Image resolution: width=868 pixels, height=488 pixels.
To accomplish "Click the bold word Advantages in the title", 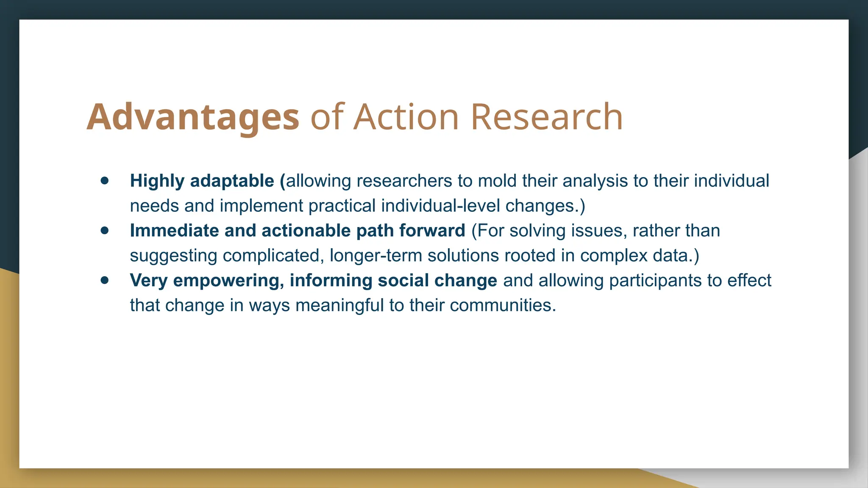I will tap(193, 117).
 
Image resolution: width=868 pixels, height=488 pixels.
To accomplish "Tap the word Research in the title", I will tap(547, 117).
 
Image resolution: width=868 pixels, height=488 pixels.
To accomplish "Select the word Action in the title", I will tap(406, 117).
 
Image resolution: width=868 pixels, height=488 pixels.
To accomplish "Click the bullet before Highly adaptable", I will tap(105, 181).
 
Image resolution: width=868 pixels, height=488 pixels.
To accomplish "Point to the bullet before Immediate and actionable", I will tap(105, 231).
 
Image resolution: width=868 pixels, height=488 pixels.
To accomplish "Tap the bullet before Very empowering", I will tap(105, 280).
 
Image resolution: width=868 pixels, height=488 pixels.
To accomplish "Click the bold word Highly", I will tap(157, 181).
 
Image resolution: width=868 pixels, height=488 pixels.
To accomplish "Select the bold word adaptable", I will tap(232, 181).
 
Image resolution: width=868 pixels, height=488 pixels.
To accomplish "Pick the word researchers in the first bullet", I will tap(404, 181).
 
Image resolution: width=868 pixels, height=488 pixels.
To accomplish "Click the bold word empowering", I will tap(228, 280).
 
